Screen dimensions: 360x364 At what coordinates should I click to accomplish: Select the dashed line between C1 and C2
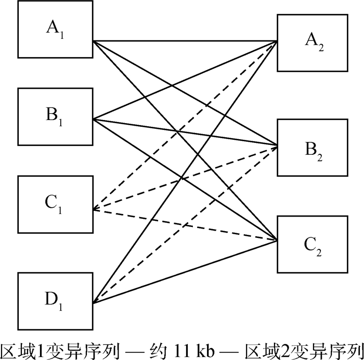pyautogui.click(x=156, y=220)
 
